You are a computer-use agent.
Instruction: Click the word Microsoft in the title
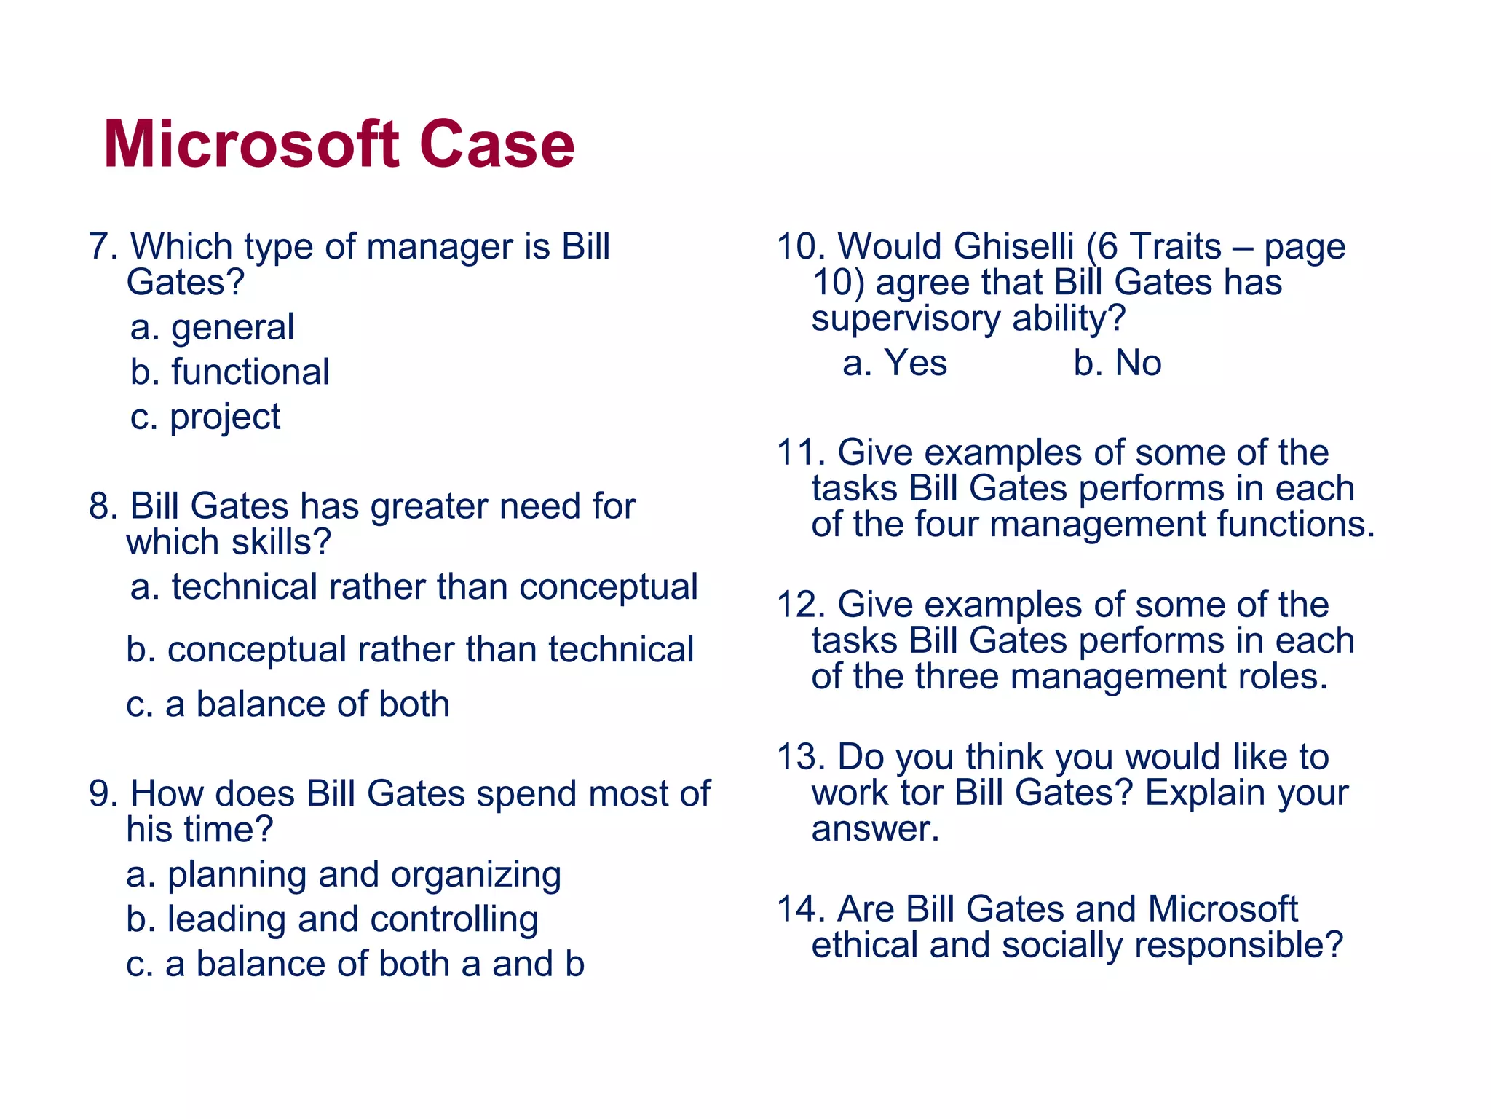[251, 145]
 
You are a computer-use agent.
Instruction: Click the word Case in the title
[497, 145]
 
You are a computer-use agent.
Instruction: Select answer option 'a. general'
[212, 328]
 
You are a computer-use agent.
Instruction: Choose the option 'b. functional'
[229, 372]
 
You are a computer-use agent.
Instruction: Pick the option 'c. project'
[205, 417]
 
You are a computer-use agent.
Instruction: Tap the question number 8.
[103, 506]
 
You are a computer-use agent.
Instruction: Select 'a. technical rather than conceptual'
[414, 587]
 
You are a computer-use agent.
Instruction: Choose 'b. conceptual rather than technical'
[409, 650]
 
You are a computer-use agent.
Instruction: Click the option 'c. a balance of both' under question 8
[288, 704]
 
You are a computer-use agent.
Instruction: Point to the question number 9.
[103, 793]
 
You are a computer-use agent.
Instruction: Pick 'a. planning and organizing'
[343, 875]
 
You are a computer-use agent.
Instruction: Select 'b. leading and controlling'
[332, 919]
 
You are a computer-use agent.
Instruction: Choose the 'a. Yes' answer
[894, 363]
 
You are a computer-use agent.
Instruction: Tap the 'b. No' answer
[1117, 363]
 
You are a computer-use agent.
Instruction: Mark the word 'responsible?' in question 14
[1238, 946]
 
